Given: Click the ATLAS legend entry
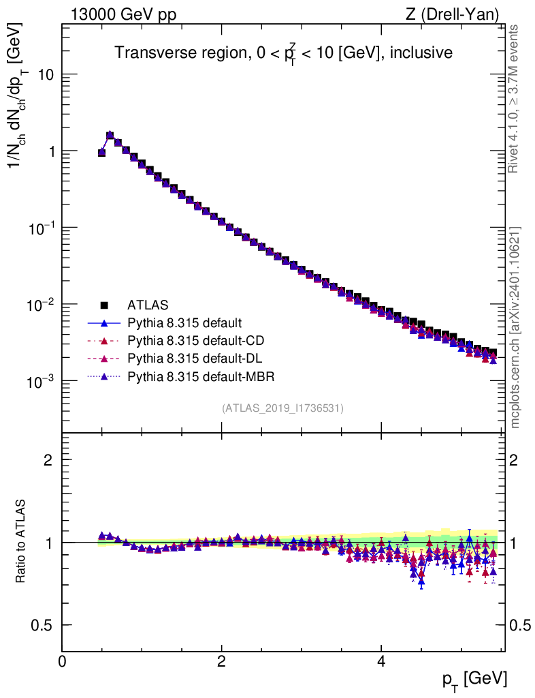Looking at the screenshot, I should (x=148, y=305).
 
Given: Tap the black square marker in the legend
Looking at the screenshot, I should (x=104, y=305).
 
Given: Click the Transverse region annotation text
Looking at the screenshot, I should (x=283, y=54).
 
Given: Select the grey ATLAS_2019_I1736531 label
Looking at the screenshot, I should (x=282, y=408).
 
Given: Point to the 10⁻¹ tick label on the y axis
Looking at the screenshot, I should (x=39, y=227).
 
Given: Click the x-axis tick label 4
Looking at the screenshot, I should (x=381, y=662).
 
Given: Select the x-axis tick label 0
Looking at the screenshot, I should (x=63, y=662).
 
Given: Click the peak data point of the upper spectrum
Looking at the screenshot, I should (x=110, y=135).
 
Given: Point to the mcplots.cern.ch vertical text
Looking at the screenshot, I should (x=516, y=327).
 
